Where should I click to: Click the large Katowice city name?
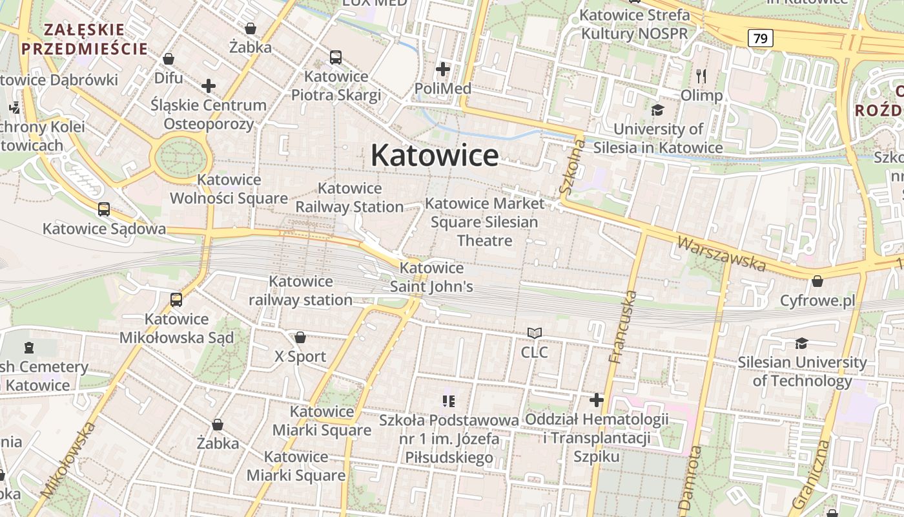(435, 156)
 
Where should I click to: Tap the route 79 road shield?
(761, 38)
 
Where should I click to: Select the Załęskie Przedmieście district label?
(84, 39)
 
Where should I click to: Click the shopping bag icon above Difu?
(169, 59)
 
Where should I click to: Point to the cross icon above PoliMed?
(443, 69)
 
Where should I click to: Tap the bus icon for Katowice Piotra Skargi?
(336, 58)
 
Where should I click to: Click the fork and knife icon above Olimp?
(702, 76)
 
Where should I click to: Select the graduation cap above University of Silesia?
(657, 111)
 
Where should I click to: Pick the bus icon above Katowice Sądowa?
(104, 209)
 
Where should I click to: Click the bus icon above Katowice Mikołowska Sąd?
(176, 300)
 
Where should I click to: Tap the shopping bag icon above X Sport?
(300, 337)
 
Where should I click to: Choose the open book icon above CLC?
(535, 333)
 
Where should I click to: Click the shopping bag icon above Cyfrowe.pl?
(817, 281)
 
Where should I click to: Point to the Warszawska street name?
(721, 253)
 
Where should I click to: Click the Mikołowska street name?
(68, 459)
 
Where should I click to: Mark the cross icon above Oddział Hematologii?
(597, 400)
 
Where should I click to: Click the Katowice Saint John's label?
(431, 277)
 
